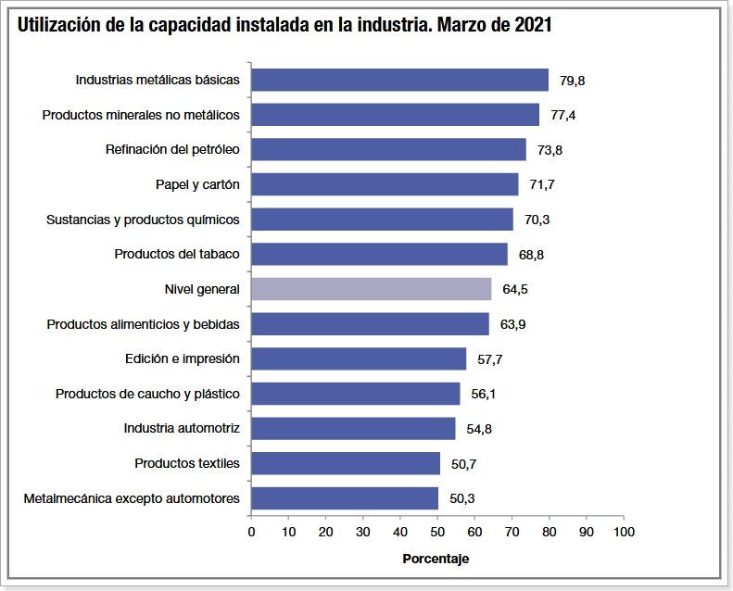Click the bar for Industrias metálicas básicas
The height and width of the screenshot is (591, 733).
coord(399,80)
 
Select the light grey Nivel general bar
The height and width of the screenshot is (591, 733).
coord(371,289)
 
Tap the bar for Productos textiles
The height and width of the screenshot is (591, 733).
coord(345,463)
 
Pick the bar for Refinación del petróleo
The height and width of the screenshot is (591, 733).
coord(388,149)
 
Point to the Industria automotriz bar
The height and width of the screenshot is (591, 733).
coord(353,428)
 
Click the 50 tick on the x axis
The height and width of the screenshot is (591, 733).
coord(437,533)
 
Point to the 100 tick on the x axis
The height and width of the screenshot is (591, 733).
coord(624,533)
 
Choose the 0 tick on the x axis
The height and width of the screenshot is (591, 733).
coord(251,533)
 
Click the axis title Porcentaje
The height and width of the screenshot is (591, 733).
coord(436,559)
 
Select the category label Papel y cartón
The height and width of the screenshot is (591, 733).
coord(197,184)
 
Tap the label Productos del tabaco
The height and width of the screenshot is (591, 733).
coord(177,254)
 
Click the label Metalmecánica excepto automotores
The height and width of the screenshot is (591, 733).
coord(132,498)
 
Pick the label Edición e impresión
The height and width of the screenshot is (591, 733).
coord(183,358)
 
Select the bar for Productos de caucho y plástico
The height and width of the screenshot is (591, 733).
coord(355,394)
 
